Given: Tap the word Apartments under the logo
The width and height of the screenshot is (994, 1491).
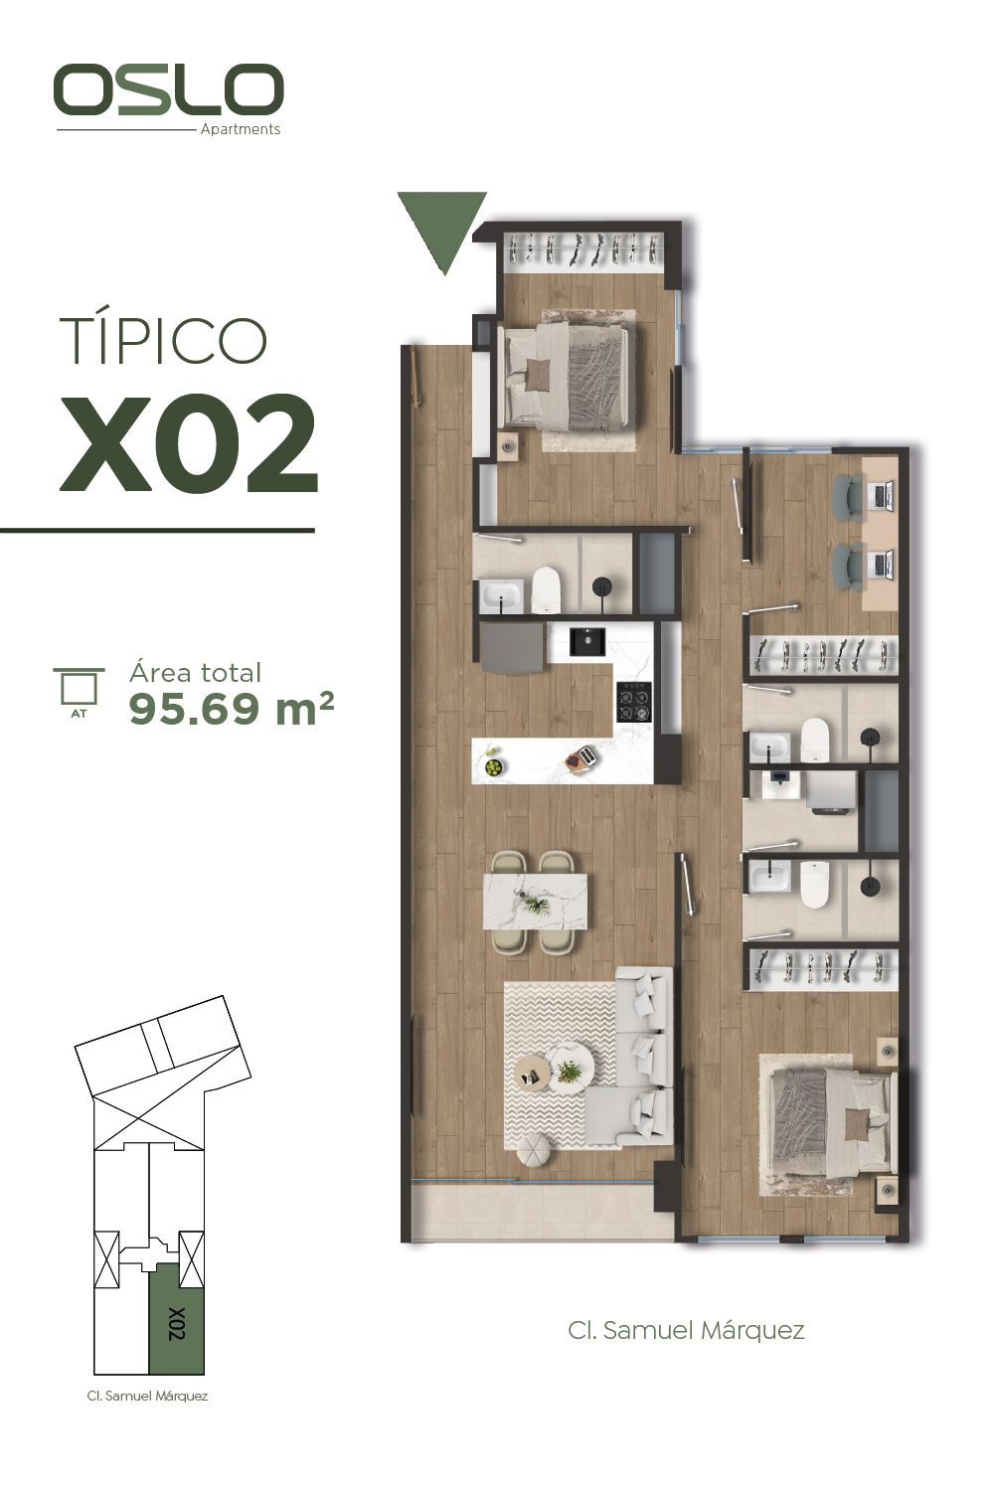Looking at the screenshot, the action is coord(241,129).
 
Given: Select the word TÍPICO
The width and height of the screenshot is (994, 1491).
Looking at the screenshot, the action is coord(162,340).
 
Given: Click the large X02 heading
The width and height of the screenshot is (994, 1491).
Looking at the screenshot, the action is coord(189,442).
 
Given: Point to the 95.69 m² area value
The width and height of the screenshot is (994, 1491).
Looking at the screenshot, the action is coord(231,708).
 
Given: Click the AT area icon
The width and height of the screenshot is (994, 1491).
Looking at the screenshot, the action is coord(79,693).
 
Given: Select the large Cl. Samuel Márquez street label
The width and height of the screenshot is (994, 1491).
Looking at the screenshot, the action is coord(686,1331).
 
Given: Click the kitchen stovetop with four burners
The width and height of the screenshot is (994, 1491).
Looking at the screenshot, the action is coord(633,702).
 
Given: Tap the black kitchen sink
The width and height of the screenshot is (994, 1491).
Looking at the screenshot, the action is coord(586,642).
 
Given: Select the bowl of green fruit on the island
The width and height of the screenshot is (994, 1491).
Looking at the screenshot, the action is coord(494,768).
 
